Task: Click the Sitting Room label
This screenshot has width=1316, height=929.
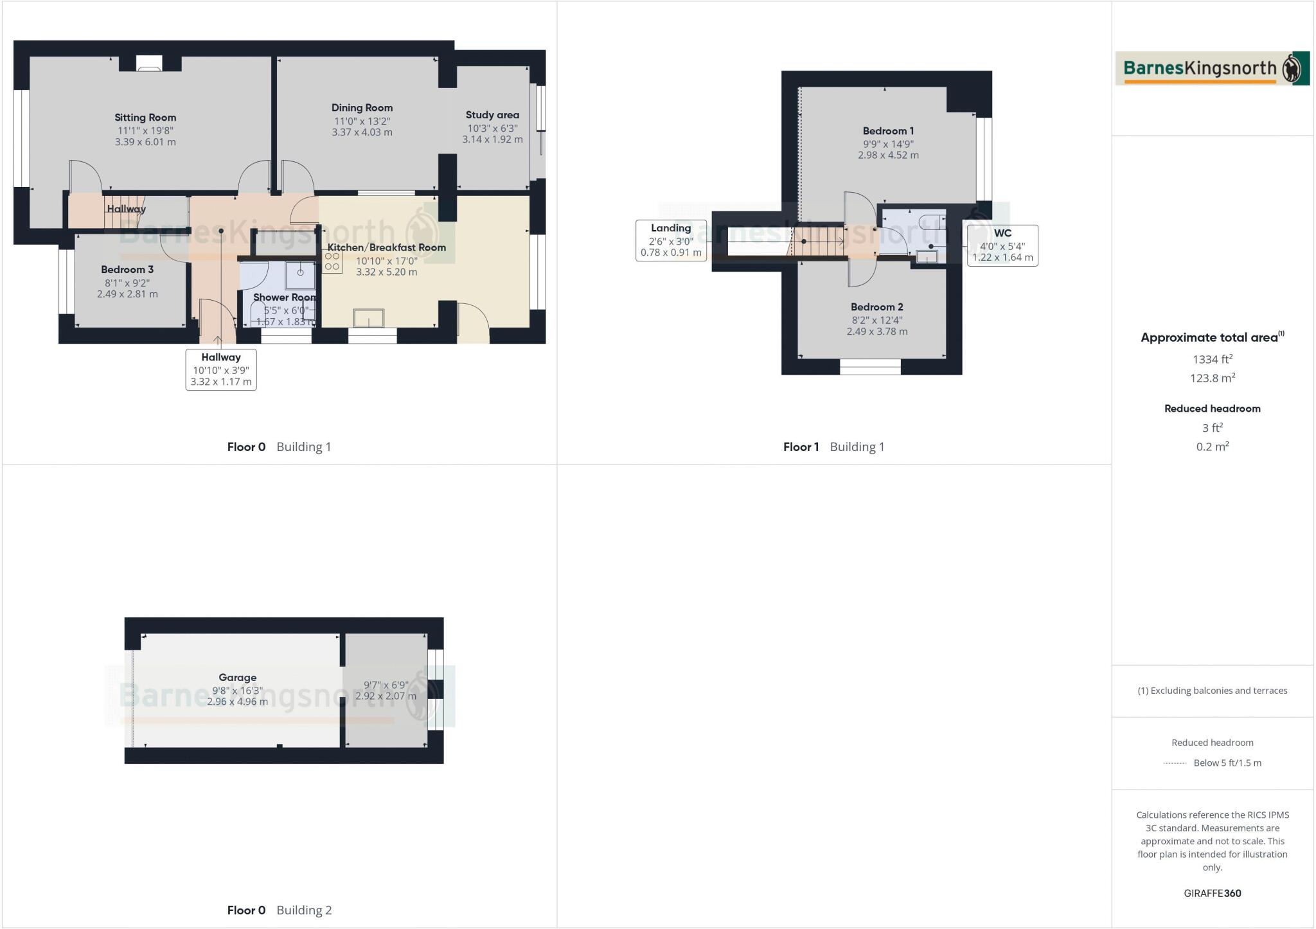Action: coord(145,118)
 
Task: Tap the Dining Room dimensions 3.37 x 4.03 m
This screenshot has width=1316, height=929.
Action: coord(362,132)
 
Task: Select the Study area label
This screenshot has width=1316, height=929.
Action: coord(492,115)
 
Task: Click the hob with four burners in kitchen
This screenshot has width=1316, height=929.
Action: coord(332,261)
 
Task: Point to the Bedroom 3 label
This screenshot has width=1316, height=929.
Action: coord(127,269)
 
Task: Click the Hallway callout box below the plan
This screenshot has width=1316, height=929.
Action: coord(221,369)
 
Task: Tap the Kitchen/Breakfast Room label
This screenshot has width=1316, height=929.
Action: coord(386,247)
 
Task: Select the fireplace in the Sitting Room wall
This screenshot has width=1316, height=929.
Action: coord(149,64)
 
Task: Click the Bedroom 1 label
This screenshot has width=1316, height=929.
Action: coord(888,131)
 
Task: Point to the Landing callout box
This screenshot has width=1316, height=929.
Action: coord(671,240)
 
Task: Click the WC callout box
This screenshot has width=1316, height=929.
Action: coord(1002,245)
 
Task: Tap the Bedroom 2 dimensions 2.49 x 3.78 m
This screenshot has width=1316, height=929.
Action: coord(876,332)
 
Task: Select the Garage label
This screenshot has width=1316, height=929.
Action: coord(237,677)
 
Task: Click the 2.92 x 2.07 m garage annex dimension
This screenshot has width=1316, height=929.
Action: coord(386,696)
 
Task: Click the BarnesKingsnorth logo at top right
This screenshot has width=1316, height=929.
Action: coord(1212,69)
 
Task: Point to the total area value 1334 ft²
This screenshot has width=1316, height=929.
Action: coord(1212,360)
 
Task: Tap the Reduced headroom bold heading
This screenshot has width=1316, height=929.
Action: coord(1212,409)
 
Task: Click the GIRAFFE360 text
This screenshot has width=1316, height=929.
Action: coord(1212,893)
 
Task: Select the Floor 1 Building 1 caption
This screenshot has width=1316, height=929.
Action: coord(833,447)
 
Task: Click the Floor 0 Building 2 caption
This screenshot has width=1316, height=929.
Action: coord(279,910)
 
